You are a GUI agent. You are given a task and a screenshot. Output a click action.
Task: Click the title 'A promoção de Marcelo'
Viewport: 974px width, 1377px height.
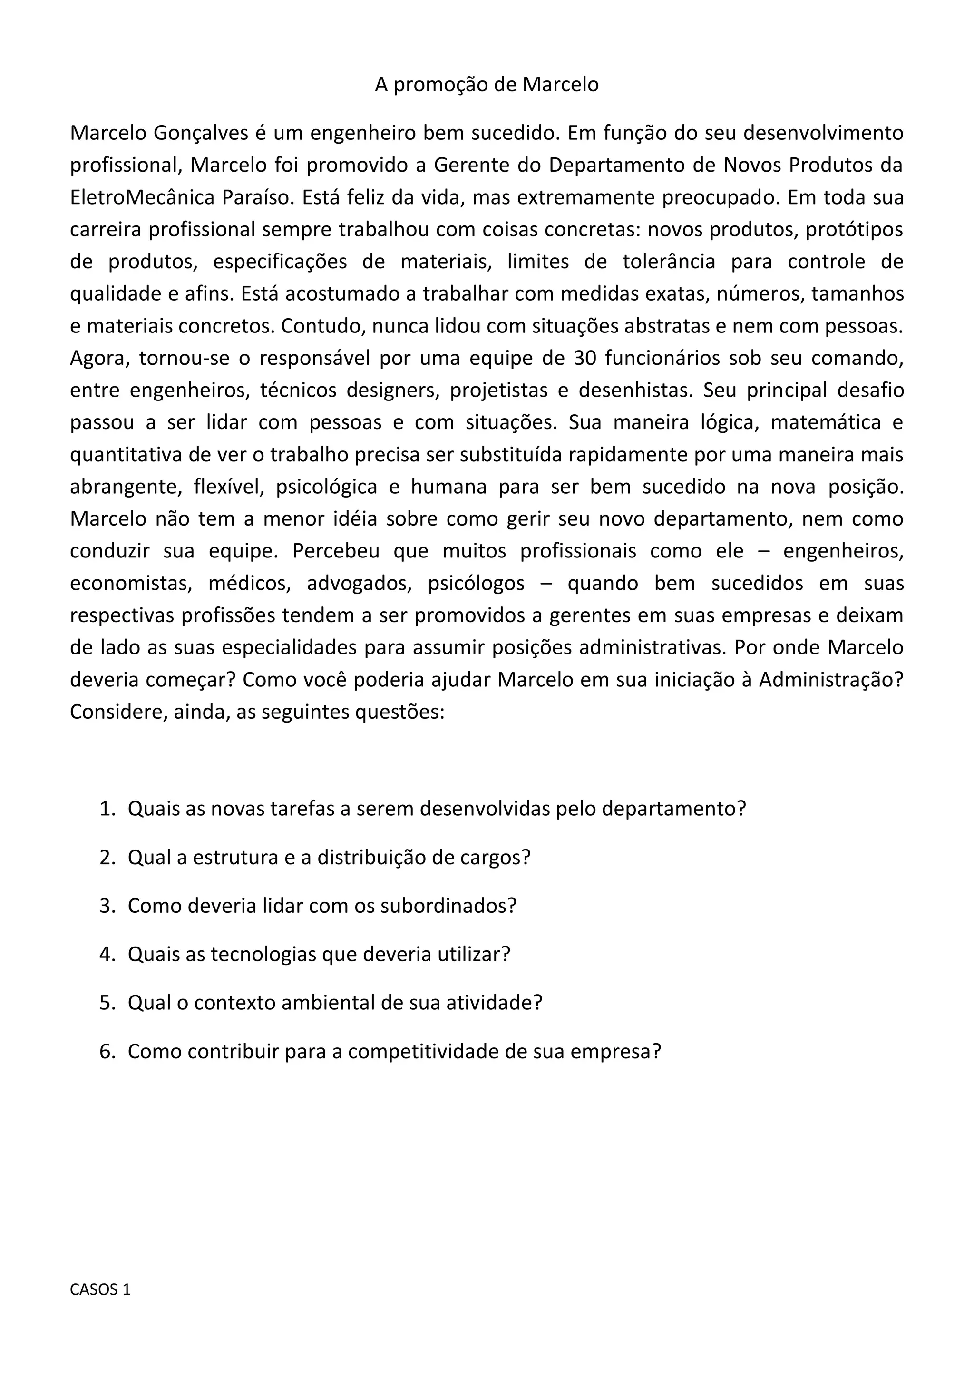[x=487, y=85]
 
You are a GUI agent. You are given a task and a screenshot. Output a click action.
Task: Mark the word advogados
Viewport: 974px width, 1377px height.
[x=359, y=583]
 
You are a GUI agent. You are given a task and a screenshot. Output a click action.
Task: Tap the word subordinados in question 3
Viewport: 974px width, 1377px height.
[x=448, y=905]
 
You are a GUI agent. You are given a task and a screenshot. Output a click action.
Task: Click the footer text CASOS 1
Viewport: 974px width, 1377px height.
[x=100, y=1289]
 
